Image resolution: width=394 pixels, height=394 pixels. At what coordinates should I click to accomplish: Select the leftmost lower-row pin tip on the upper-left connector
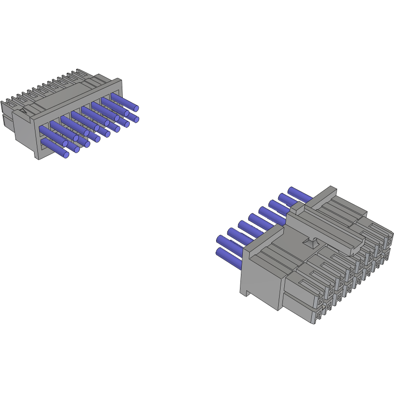click(x=66, y=155)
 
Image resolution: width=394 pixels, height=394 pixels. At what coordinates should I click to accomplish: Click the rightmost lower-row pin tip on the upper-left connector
click(x=136, y=120)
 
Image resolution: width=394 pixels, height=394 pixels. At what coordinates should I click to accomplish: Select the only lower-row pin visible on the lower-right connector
click(x=229, y=258)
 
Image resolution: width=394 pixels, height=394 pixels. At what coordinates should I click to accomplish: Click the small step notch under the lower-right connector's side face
click(x=244, y=293)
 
